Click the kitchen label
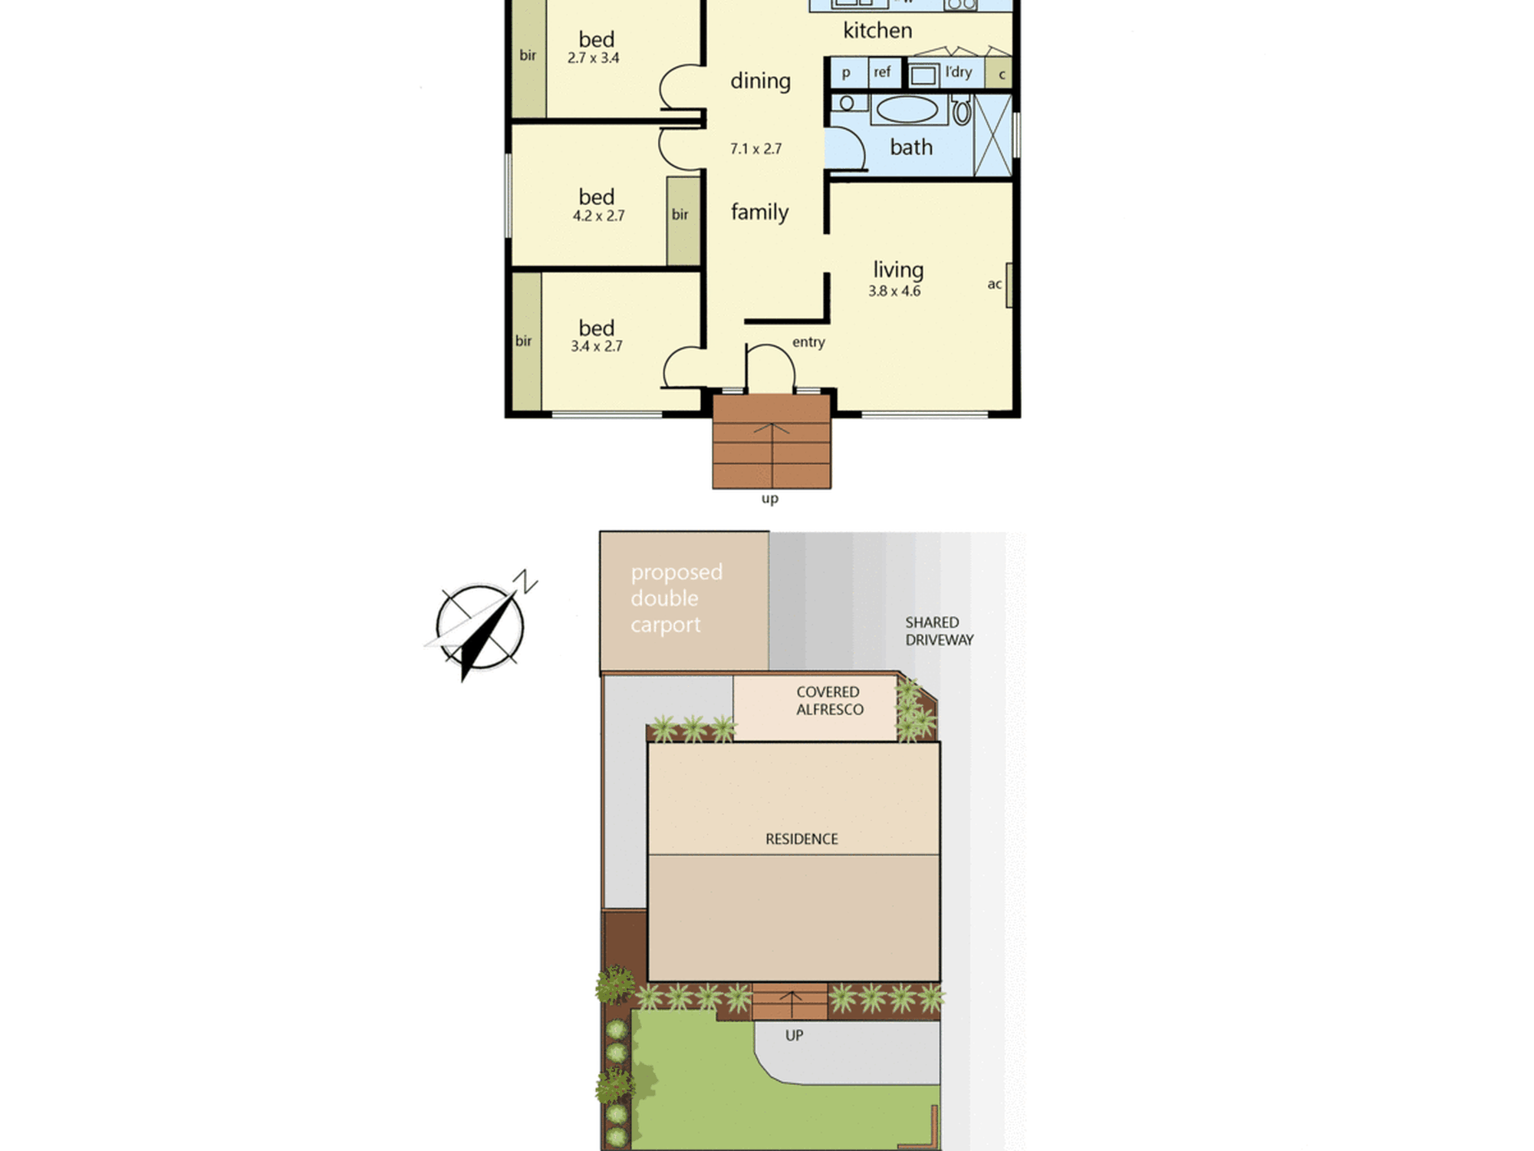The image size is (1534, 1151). [x=877, y=31]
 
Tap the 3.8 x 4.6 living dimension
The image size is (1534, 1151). [x=894, y=291]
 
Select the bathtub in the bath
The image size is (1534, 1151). [x=907, y=110]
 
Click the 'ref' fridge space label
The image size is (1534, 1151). [x=882, y=72]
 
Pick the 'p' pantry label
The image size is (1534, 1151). [x=846, y=74]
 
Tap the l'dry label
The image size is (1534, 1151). [x=959, y=72]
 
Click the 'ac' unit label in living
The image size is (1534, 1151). [x=994, y=285]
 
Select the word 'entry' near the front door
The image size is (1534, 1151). [x=808, y=342]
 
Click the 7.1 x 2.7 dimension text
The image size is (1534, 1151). [x=755, y=149]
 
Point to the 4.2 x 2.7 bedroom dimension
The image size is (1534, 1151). [x=598, y=216]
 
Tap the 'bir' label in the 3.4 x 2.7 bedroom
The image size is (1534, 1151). [x=523, y=341]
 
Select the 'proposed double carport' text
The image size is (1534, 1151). [x=676, y=599]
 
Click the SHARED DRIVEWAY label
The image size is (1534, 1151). [x=940, y=631]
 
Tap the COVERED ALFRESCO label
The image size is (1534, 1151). [x=829, y=701]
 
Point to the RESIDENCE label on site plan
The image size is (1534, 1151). [x=802, y=839]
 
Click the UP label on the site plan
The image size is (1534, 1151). [x=794, y=1035]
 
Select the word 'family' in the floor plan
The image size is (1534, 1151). [x=759, y=212]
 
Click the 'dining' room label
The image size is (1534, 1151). [x=760, y=81]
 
